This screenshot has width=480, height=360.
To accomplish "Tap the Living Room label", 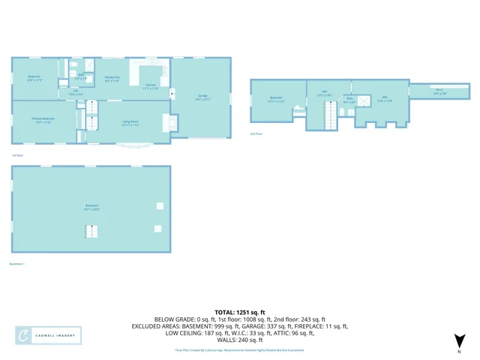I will point(130,123).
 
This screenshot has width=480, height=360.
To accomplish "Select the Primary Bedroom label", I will point(42,121).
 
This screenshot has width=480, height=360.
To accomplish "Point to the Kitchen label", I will point(150,86).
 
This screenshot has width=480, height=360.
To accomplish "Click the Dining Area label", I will point(112,78).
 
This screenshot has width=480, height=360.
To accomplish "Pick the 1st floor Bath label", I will point(80,76).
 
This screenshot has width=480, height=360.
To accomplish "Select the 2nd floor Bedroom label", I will point(276,99).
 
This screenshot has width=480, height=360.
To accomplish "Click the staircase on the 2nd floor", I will point(328,115).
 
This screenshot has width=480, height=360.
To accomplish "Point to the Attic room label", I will point(383,98).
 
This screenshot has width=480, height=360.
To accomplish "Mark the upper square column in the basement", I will point(158,205).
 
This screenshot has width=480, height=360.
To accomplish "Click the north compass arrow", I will point(460,342).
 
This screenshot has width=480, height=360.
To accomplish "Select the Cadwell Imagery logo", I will point(49,336).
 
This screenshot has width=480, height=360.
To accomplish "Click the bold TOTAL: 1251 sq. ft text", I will point(240,311).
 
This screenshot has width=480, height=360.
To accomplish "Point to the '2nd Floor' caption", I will point(256,134).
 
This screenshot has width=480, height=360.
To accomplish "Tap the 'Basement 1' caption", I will point(17,264).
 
